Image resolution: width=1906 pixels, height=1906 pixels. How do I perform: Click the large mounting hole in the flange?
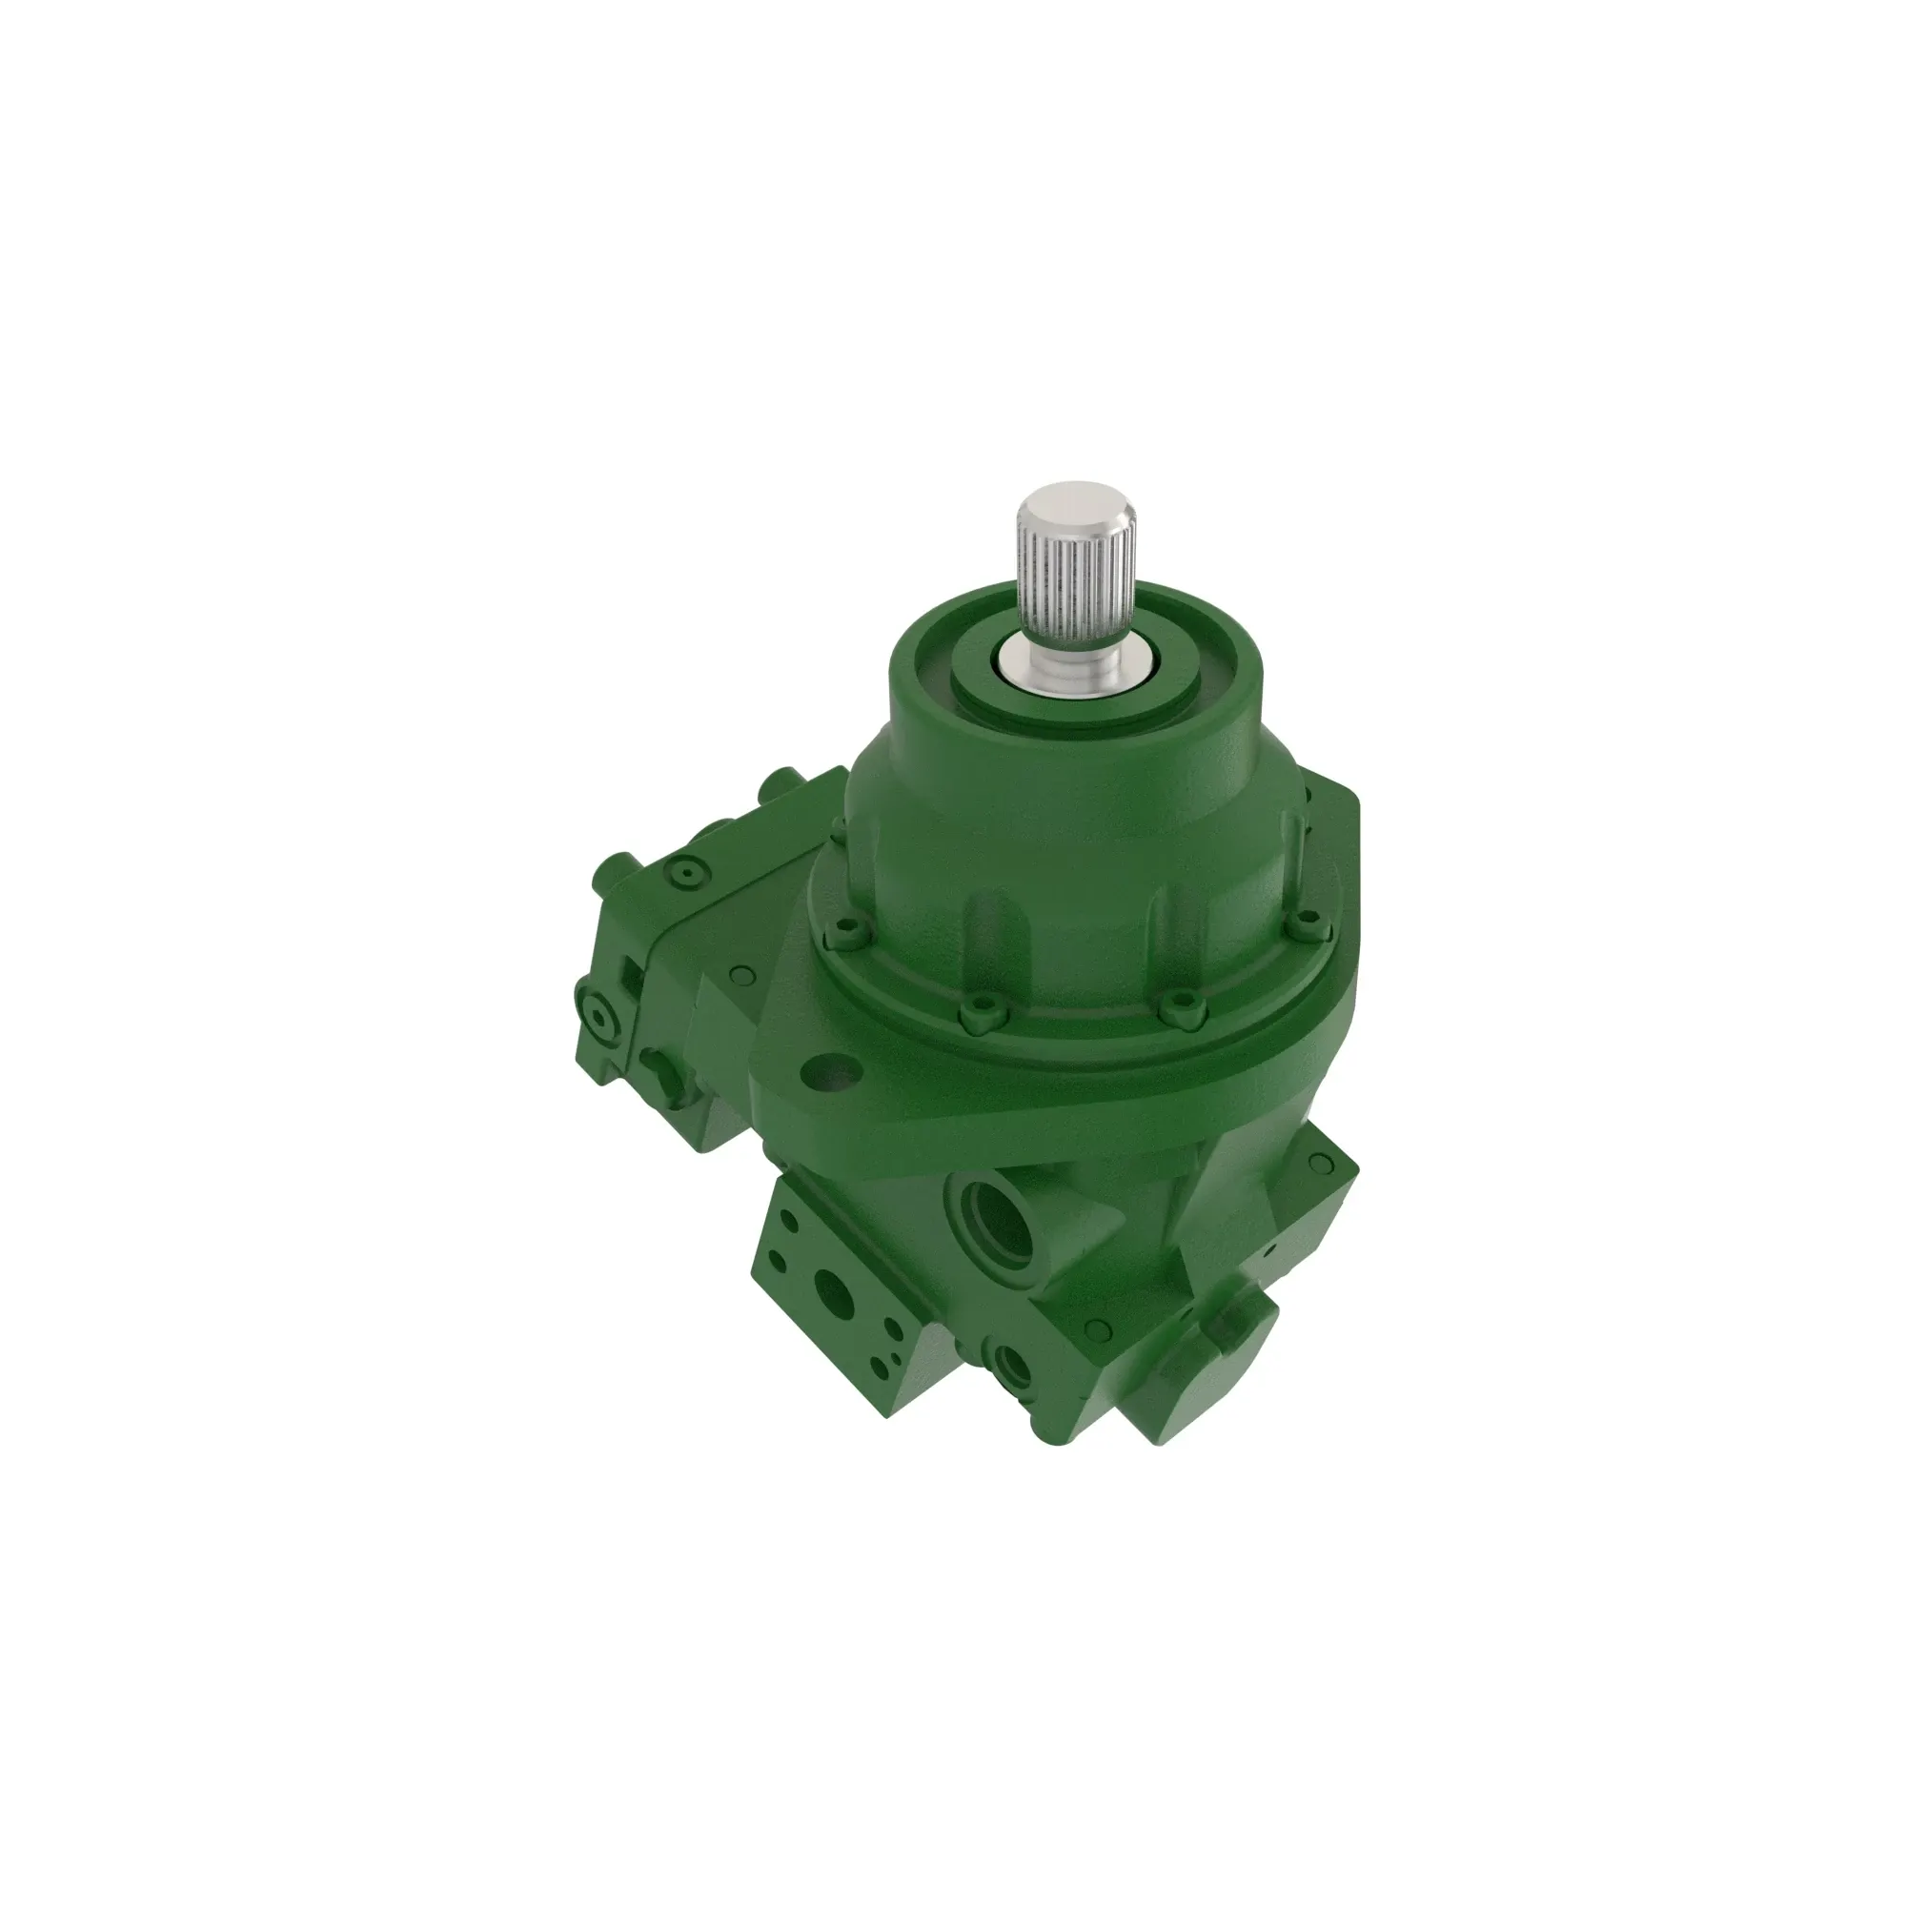point(831,1073)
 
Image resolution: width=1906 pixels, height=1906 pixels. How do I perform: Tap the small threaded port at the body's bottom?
point(1012,1366)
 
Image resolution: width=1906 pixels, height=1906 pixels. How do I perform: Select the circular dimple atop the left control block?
point(684,873)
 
